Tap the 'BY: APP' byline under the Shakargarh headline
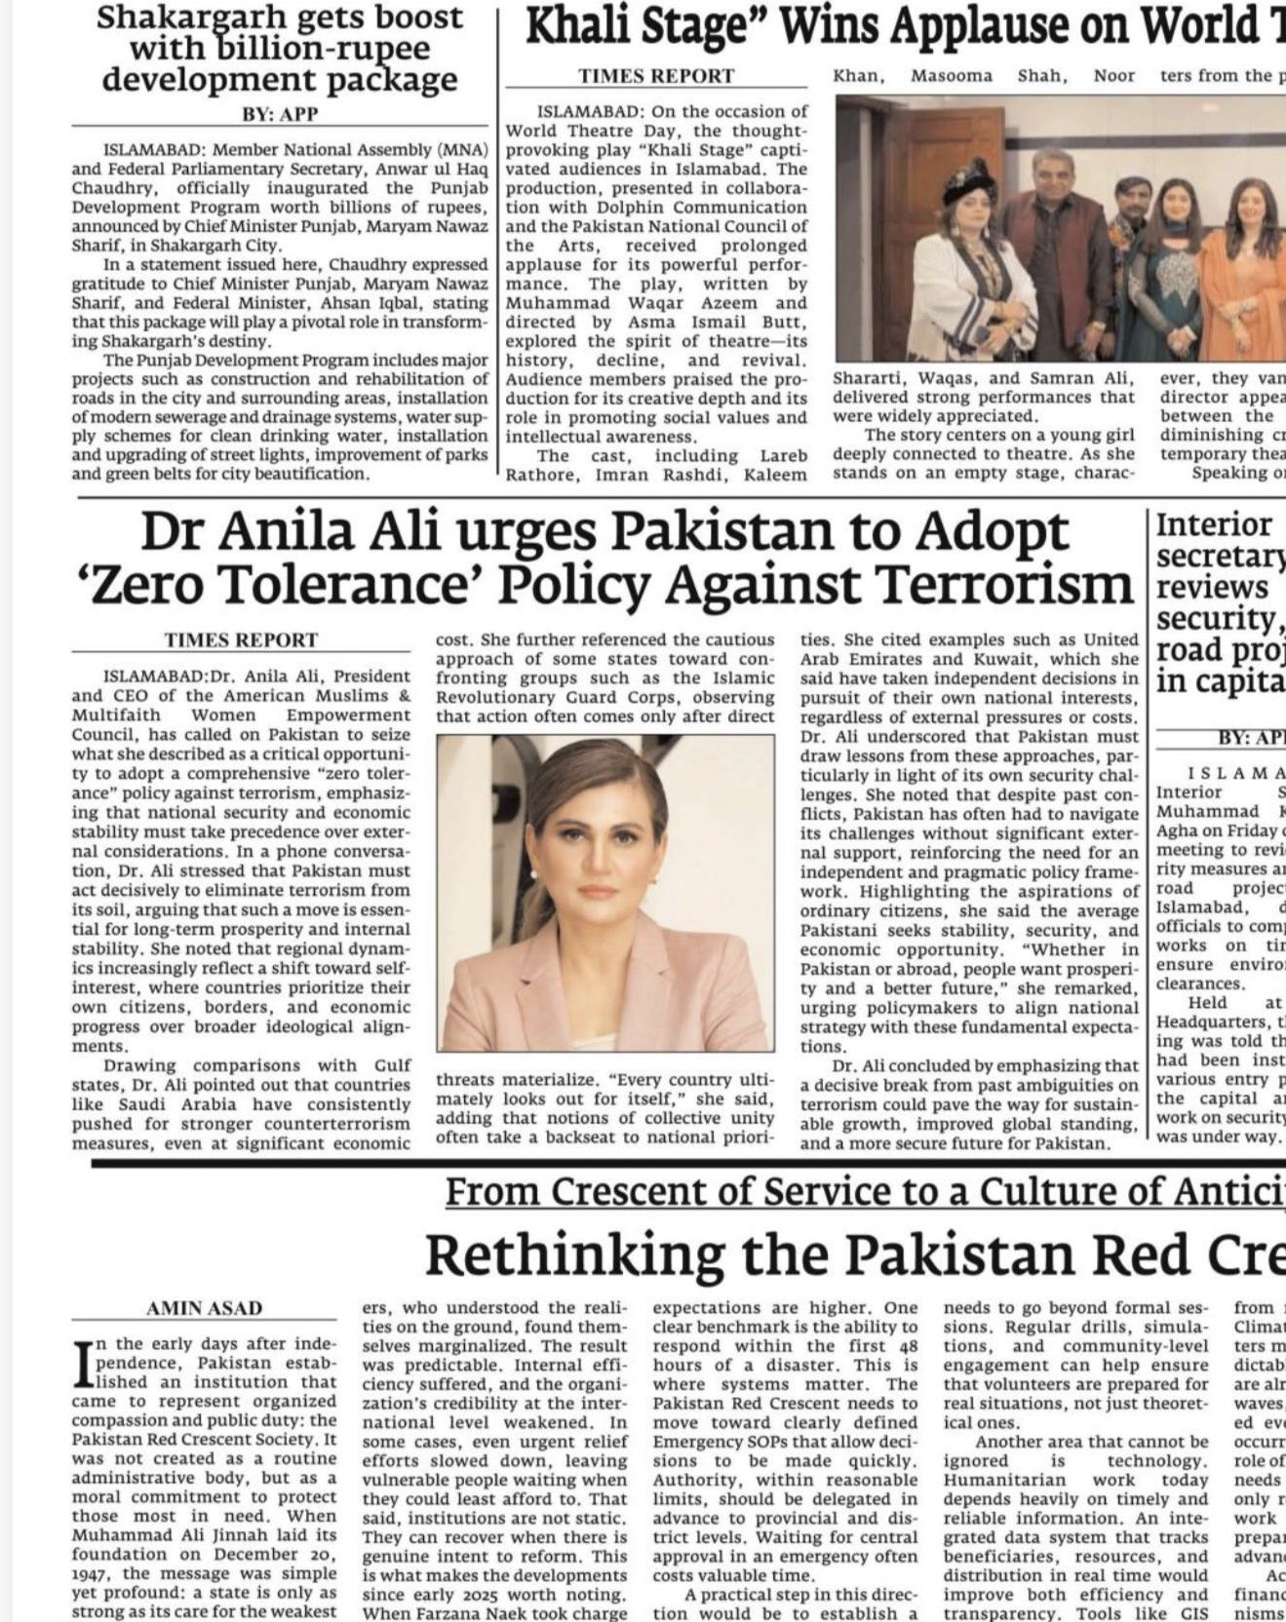coord(280,114)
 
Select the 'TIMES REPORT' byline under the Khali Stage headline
coord(655,76)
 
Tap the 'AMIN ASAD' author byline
coord(204,1307)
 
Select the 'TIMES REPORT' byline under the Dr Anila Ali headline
coord(241,640)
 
